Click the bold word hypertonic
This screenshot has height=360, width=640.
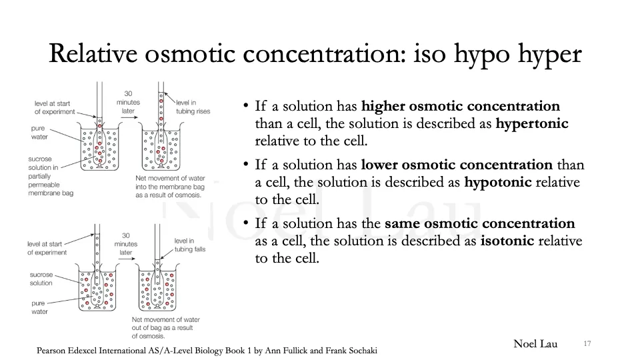click(531, 123)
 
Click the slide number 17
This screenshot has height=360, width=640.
click(587, 344)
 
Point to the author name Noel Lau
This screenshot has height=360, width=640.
click(535, 344)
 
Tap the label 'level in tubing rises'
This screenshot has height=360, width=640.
click(193, 107)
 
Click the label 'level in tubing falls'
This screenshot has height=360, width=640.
click(190, 245)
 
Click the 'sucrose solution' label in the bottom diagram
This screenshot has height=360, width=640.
click(41, 279)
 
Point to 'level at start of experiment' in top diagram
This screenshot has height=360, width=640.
click(53, 107)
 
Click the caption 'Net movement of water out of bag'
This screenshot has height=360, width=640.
click(165, 327)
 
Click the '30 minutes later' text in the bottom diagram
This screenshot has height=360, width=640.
click(125, 244)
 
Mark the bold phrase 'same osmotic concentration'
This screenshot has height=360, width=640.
click(479, 223)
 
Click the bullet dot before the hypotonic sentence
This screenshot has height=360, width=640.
click(246, 165)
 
